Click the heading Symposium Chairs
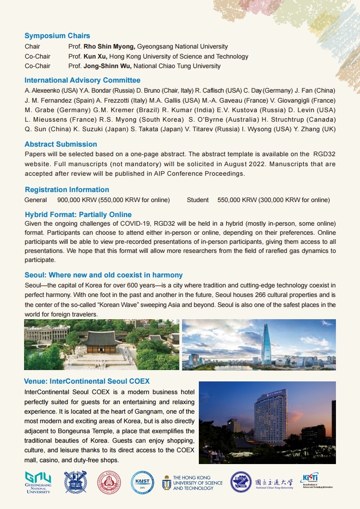(57, 36)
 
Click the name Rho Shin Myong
(109, 46)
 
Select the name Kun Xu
(95, 56)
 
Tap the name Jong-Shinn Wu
(107, 66)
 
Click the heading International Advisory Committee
(82, 80)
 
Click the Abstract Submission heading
(60, 144)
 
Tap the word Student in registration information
(197, 200)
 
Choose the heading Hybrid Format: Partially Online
(78, 214)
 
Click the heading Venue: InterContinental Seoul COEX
(87, 381)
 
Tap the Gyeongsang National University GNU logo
(38, 482)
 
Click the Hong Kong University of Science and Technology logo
(192, 483)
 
